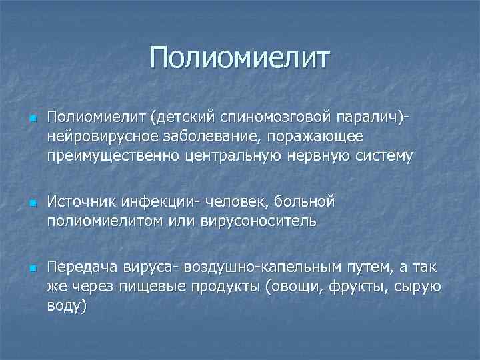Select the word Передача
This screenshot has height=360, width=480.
(82, 268)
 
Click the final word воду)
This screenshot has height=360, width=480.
(67, 305)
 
